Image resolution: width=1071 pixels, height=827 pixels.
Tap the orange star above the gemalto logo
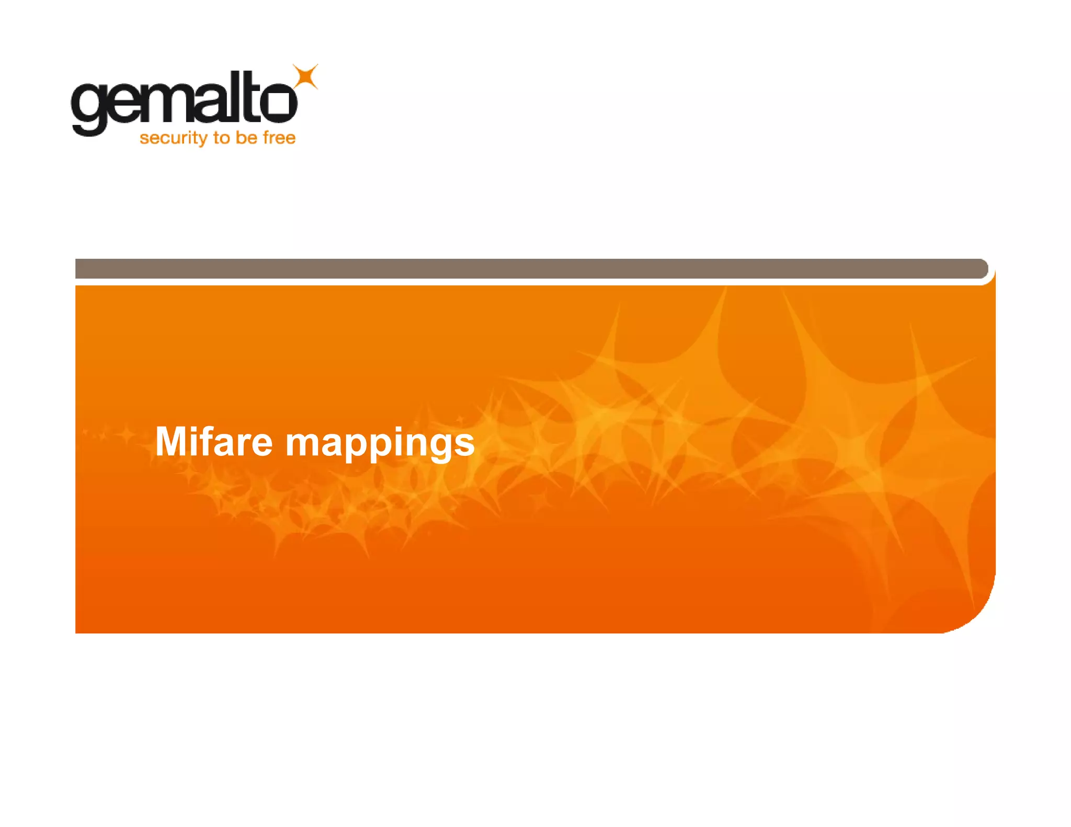(305, 77)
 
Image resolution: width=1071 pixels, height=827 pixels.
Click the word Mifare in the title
(213, 442)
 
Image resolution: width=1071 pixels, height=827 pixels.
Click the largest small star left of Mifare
(126, 434)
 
